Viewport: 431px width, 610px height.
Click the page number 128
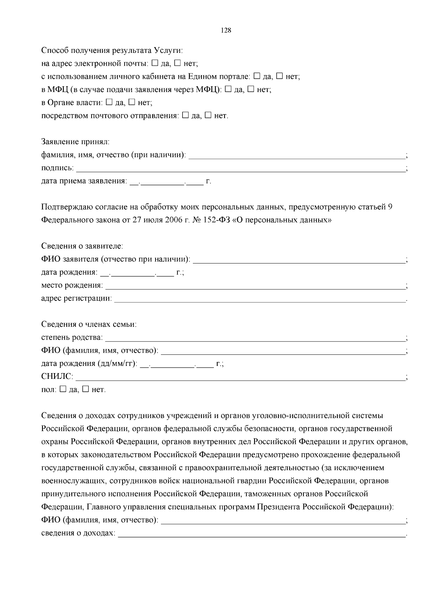coord(226,30)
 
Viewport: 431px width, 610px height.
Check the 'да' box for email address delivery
coord(155,63)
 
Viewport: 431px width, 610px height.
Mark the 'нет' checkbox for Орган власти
coord(132,102)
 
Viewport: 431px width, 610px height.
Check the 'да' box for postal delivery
coord(185,115)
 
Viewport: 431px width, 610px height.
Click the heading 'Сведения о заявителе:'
coord(82,246)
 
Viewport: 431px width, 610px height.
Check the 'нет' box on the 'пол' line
coord(85,389)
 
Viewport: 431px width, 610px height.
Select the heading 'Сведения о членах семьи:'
coord(89,324)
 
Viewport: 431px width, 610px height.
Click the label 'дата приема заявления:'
coord(84,181)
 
